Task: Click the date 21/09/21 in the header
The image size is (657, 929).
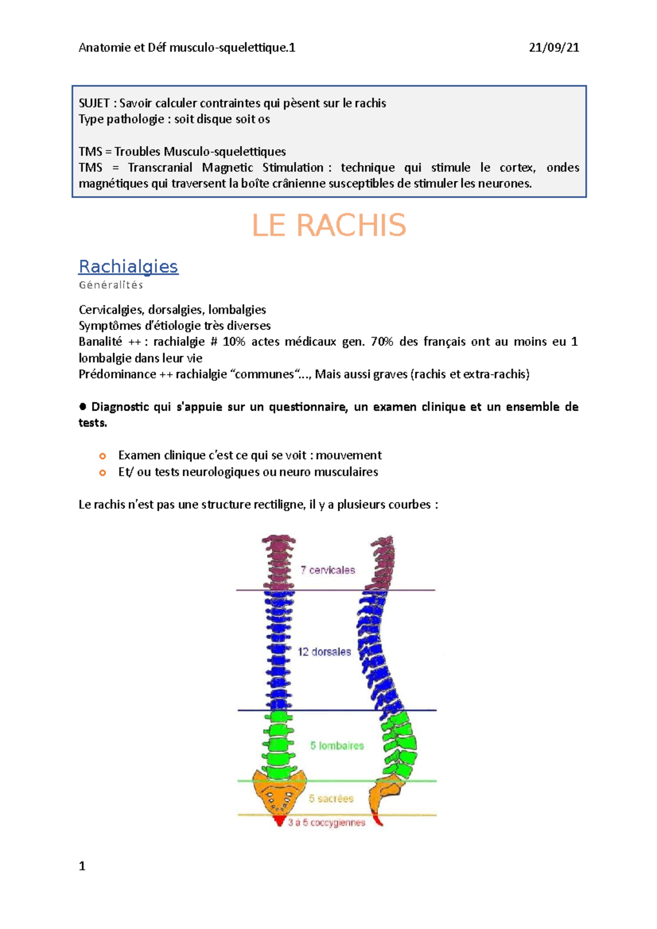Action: (x=554, y=48)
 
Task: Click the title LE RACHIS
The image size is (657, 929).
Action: (x=328, y=225)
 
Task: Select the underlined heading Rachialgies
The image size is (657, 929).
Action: (x=129, y=266)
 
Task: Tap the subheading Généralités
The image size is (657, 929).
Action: (x=111, y=285)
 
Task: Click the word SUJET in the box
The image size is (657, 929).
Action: (x=94, y=103)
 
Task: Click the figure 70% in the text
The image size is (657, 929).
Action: (x=382, y=342)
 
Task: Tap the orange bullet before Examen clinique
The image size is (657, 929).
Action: (x=102, y=456)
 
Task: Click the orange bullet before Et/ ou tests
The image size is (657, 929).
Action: (x=102, y=472)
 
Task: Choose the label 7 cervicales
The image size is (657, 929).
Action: (x=327, y=570)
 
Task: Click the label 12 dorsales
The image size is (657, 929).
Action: (x=324, y=652)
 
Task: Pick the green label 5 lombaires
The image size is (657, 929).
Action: (x=337, y=746)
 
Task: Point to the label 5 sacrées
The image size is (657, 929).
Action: (x=331, y=799)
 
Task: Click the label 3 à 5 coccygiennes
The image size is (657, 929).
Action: (x=326, y=822)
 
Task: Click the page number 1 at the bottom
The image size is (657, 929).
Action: (x=82, y=866)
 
